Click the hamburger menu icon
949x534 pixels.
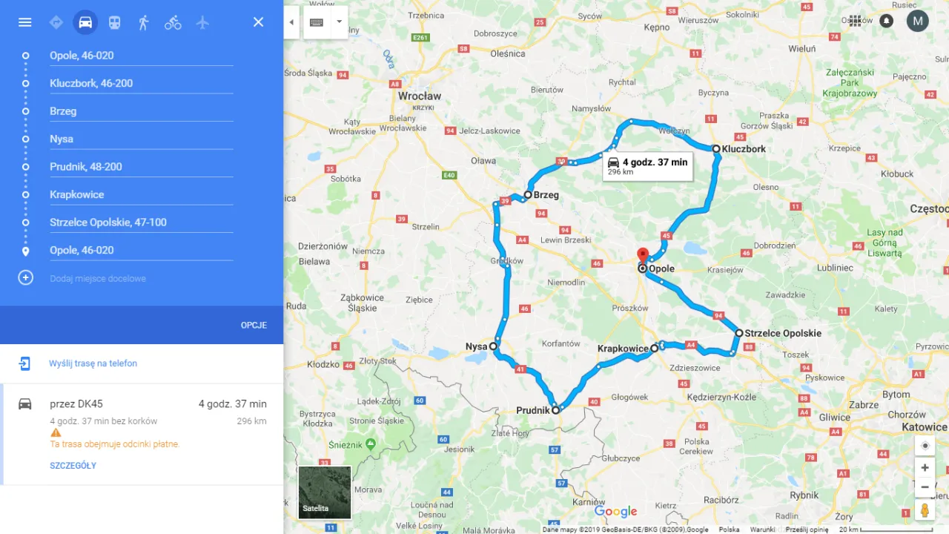[x=25, y=22]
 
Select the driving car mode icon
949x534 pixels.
[x=85, y=22]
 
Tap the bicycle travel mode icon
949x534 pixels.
[x=173, y=22]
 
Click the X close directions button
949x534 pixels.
[x=258, y=22]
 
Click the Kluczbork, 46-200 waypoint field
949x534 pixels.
[x=141, y=83]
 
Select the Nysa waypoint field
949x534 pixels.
[x=141, y=139]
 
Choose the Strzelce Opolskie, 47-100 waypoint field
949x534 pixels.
[x=141, y=222]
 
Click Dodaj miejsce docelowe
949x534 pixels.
[x=98, y=278]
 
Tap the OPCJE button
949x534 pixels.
[x=254, y=325]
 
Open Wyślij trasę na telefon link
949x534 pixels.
[x=93, y=363]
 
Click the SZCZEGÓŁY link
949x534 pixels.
[x=73, y=466]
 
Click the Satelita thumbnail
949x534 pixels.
[x=325, y=492]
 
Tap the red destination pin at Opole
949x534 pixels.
[x=643, y=254]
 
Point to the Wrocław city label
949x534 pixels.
[x=420, y=96]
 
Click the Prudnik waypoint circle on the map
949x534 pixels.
[x=555, y=409]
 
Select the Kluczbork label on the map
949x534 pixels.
[x=744, y=149]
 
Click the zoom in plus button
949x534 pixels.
[x=925, y=468]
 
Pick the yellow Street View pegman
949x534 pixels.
[x=925, y=510]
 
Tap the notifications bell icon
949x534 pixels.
[x=886, y=21]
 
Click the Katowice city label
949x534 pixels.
[x=924, y=427]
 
